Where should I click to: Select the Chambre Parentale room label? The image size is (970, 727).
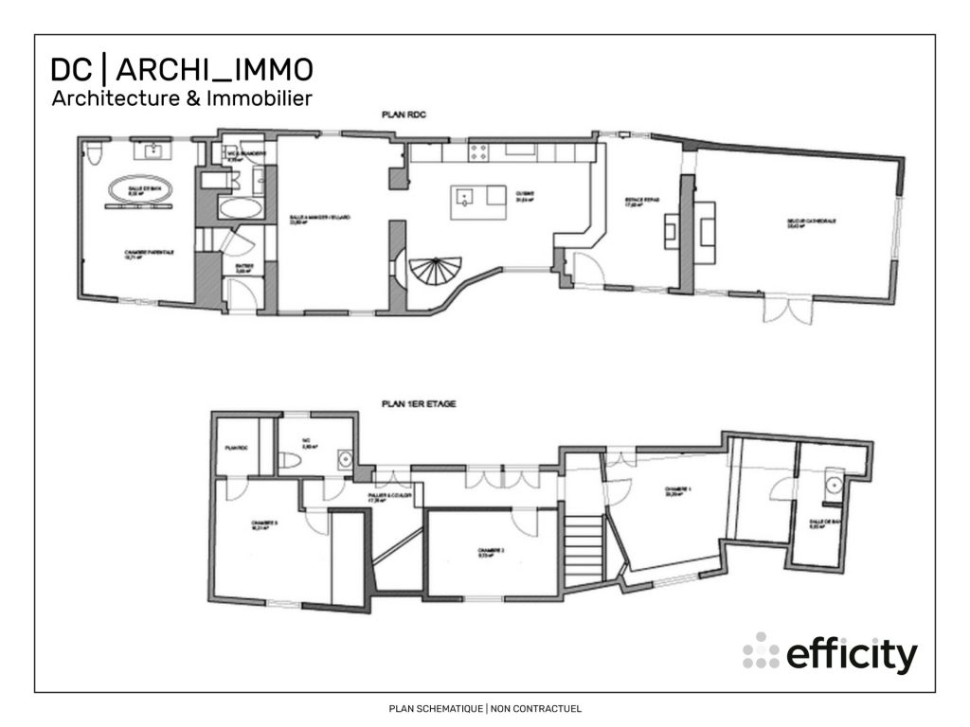pos(148,253)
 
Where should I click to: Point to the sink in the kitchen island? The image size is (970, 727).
pos(465,197)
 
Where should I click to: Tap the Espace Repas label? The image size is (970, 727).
pos(634,203)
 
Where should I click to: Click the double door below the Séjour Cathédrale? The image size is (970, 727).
pos(781,310)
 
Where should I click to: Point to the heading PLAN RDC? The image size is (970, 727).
pos(404,115)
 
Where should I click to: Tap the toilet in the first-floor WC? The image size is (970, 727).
pos(292,460)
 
